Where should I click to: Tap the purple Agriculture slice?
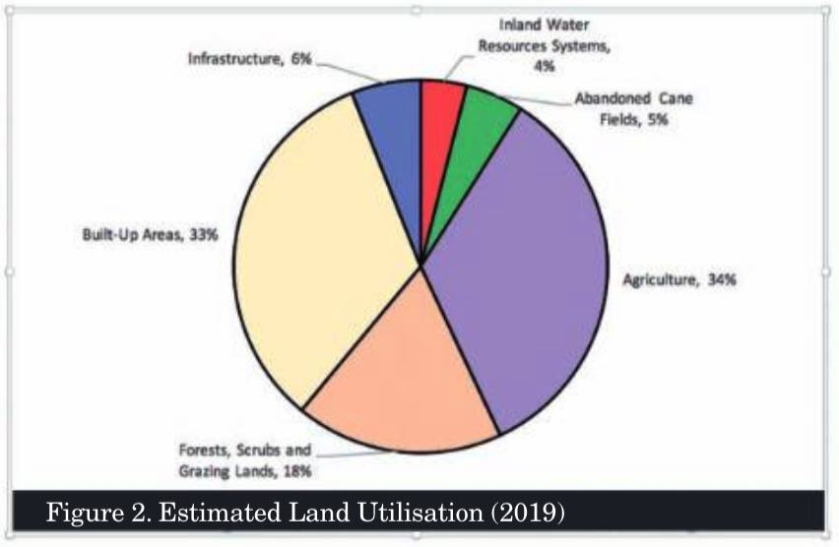click(522, 266)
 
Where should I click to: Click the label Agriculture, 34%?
click(679, 279)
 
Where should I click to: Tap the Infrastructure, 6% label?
click(249, 60)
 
